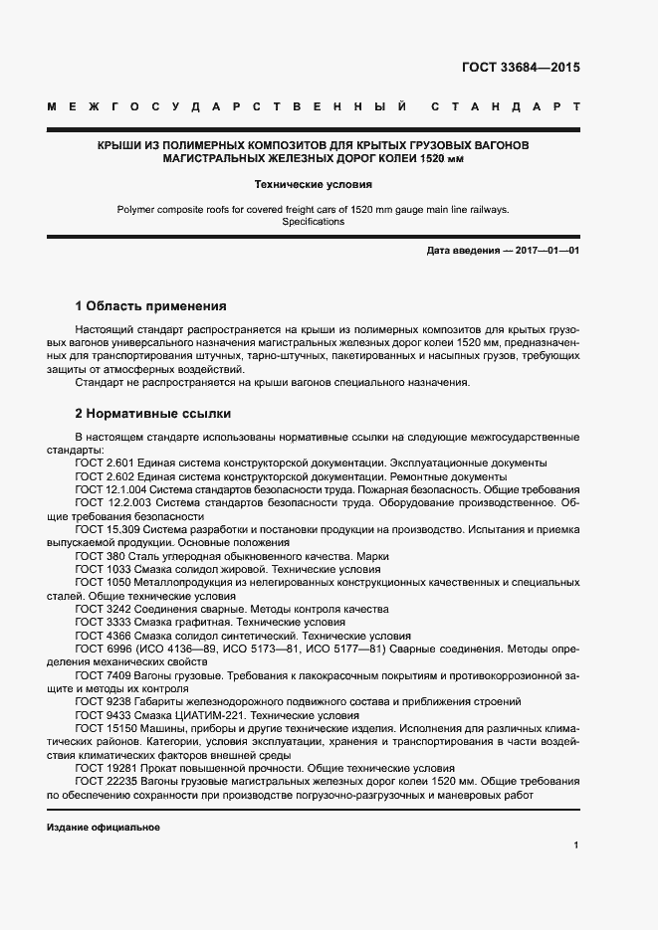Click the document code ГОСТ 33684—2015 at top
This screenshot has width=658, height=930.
coord(521,69)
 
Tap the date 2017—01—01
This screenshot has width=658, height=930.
coord(547,252)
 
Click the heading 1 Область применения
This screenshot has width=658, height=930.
coord(151,306)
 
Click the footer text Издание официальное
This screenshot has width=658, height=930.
coord(103,828)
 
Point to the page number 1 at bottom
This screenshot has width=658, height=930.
coord(576,845)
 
